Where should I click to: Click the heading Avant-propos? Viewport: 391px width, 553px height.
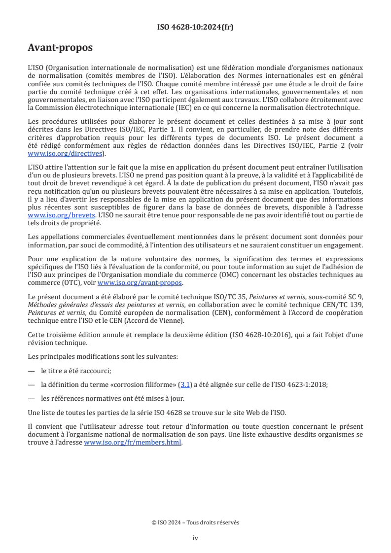[60, 48]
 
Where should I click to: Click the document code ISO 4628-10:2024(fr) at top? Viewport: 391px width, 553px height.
[195, 27]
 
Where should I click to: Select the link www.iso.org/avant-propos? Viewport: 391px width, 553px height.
[140, 282]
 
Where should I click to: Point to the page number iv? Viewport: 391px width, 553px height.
[195, 538]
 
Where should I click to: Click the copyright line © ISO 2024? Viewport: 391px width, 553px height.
[195, 522]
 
